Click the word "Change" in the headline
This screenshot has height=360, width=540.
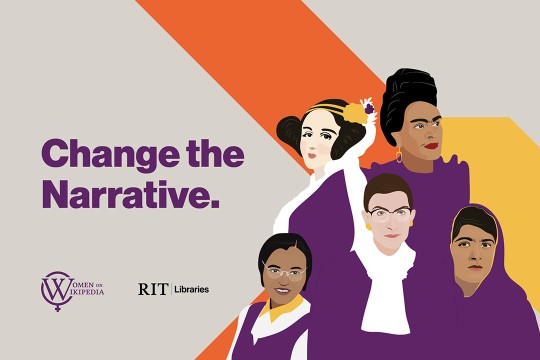coord(96,155)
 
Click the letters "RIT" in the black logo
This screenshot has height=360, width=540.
coord(152,289)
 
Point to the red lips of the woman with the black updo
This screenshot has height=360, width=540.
coord(430,148)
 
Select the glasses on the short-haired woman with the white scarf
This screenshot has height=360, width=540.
coord(389,213)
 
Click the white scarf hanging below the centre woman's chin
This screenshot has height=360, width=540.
coord(384,290)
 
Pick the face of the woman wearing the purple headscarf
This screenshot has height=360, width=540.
coord(471,250)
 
